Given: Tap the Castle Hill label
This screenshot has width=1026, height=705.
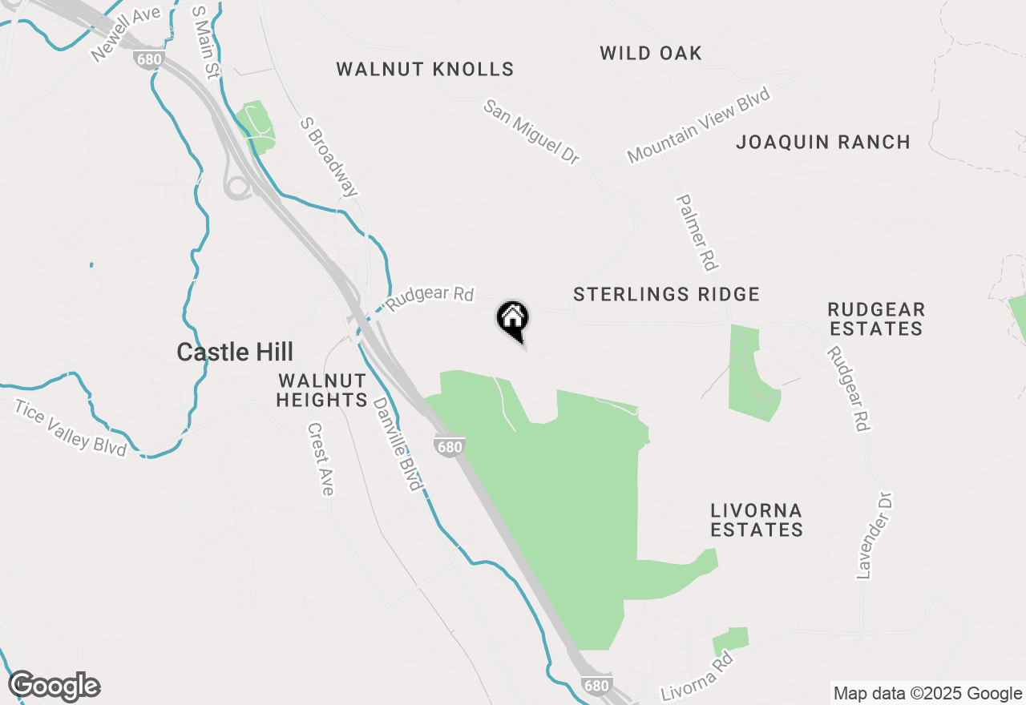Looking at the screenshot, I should click(x=235, y=352).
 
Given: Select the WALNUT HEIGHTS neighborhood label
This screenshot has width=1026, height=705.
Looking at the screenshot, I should click(x=321, y=390).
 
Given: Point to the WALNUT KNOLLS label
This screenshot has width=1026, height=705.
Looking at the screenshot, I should click(x=425, y=69).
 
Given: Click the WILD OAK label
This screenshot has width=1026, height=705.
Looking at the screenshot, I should click(x=651, y=54).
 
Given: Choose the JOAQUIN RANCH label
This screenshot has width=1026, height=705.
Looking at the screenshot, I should click(x=823, y=143).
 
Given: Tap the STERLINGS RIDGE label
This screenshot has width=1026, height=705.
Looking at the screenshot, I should click(x=666, y=294).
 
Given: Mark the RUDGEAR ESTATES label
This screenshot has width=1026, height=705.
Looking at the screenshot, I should click(x=876, y=319).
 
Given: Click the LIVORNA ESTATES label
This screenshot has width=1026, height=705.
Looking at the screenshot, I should click(x=757, y=520).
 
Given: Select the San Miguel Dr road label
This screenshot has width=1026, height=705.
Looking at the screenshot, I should click(x=531, y=131).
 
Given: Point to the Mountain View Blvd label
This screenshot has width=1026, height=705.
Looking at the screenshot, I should click(x=698, y=126).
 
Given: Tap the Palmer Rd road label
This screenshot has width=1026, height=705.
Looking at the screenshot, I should click(x=697, y=232).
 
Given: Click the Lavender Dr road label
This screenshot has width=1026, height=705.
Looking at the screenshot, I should click(x=875, y=535).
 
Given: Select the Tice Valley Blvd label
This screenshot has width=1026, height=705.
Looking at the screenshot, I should click(x=71, y=429).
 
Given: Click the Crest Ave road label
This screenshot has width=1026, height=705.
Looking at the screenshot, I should click(x=319, y=459).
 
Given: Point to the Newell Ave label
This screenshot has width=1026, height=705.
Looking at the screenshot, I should click(x=126, y=34).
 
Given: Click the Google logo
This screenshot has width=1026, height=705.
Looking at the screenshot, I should click(x=54, y=687).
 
